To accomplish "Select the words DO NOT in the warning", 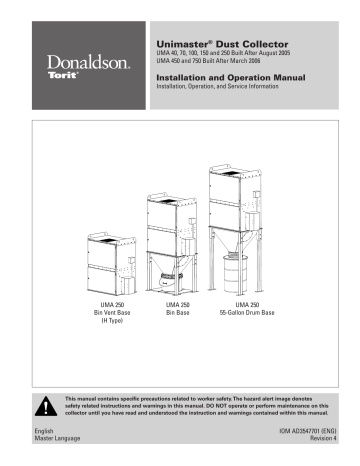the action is point(242,406).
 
